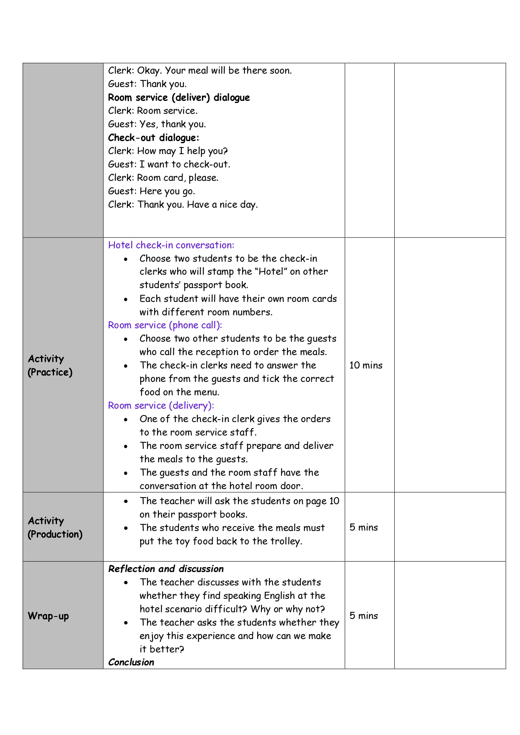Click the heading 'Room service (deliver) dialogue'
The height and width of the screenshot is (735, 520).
(x=179, y=98)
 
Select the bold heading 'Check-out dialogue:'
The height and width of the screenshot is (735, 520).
(x=153, y=138)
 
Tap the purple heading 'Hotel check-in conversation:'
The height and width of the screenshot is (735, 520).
(x=171, y=245)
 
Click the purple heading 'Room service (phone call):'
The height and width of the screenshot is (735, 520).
(x=165, y=325)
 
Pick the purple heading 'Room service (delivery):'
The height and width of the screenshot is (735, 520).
(x=161, y=405)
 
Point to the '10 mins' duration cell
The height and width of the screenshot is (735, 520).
(x=366, y=365)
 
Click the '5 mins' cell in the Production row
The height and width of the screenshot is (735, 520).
(x=364, y=527)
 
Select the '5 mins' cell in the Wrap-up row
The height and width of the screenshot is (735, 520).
(x=364, y=616)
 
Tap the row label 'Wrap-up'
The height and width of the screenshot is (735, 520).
(x=48, y=616)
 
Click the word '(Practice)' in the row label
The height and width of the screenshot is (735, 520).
(x=50, y=372)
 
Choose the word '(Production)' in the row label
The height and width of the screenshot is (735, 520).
(x=55, y=534)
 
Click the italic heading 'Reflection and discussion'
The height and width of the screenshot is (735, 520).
(x=166, y=569)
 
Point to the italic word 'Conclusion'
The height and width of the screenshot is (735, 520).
(x=131, y=662)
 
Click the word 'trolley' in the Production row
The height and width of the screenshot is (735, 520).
(x=286, y=541)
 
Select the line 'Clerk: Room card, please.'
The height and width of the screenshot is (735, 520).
(x=163, y=178)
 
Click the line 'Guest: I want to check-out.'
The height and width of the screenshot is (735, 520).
(x=169, y=164)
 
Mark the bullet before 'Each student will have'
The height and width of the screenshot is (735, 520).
(x=126, y=299)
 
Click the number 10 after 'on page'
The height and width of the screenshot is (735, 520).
(x=334, y=501)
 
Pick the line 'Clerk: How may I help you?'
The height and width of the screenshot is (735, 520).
(x=168, y=151)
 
